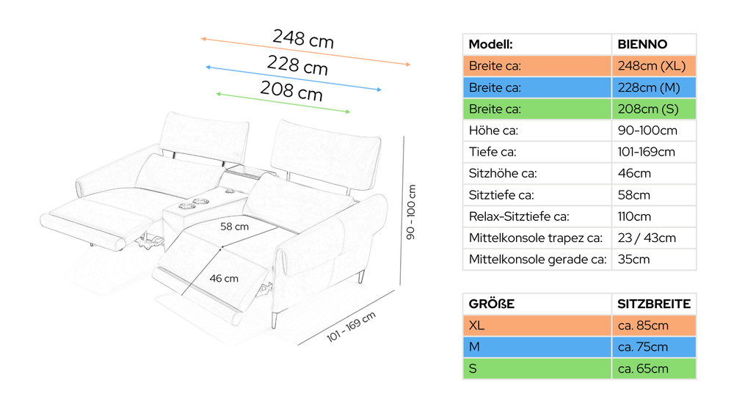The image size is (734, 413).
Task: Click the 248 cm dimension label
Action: (x=303, y=38)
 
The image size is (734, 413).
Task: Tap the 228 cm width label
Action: (x=297, y=65)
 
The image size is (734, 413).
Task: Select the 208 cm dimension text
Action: (x=291, y=90)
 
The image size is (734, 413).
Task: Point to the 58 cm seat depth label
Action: (x=235, y=227)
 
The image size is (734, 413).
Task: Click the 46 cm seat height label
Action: (x=224, y=278)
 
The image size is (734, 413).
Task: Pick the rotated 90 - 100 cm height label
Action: (x=410, y=212)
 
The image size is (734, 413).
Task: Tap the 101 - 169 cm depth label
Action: (x=351, y=326)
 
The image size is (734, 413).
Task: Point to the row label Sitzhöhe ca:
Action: (x=503, y=174)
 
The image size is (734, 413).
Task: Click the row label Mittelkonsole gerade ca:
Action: (x=537, y=260)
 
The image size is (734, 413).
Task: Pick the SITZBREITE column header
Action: (x=653, y=304)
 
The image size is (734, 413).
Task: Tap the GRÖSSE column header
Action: (x=492, y=304)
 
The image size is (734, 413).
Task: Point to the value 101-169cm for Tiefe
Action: (x=647, y=152)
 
